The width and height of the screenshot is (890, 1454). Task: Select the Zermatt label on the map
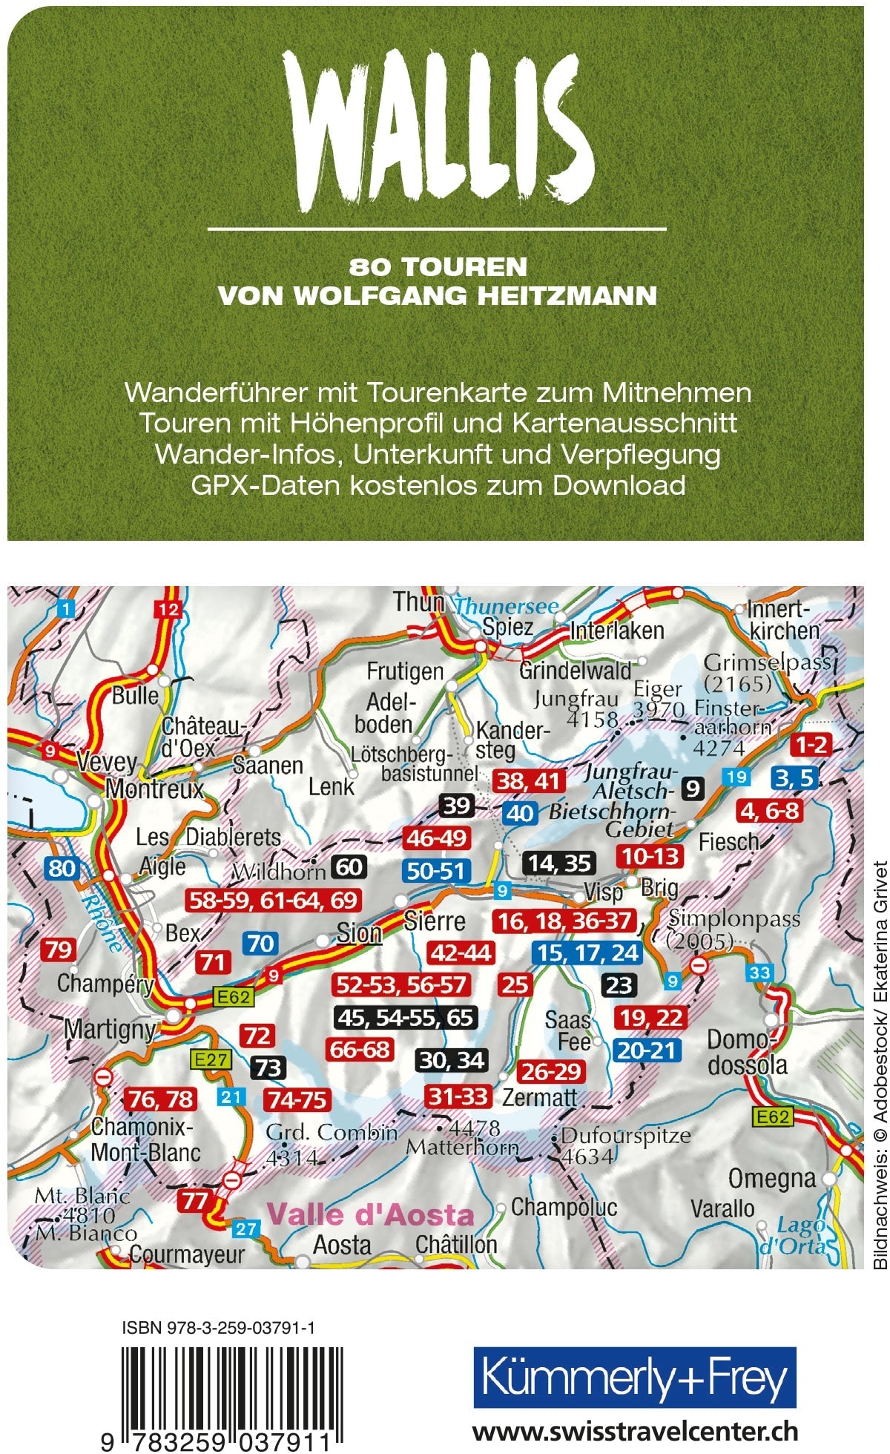pos(539,1097)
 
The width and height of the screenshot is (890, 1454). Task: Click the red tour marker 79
pos(59,950)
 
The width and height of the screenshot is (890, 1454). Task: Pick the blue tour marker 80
pos(62,868)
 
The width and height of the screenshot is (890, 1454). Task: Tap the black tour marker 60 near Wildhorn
pos(349,866)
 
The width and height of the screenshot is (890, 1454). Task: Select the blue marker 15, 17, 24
pos(588,953)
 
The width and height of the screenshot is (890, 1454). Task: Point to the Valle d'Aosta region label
pos(369,1214)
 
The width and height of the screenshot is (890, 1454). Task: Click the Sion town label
pos(359,932)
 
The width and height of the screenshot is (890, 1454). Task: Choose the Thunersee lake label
pos(506,606)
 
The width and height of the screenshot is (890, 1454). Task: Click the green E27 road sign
pos(211,1059)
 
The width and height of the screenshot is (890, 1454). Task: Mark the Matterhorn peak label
pos(461,1147)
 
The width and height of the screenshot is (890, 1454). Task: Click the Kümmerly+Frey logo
pos(634,1378)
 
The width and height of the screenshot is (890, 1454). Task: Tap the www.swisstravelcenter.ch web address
pos(634,1428)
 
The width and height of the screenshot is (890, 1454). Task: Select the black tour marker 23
pos(618,985)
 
